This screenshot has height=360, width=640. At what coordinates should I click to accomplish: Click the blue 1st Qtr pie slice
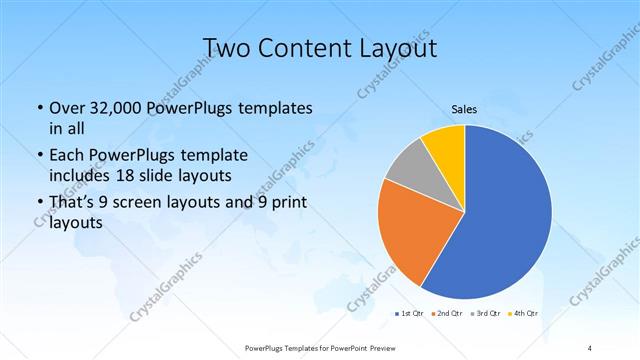pos(500,220)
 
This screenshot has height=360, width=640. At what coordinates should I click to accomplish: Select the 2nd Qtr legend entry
pos(445,314)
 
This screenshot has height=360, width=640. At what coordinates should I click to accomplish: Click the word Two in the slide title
pos(228,47)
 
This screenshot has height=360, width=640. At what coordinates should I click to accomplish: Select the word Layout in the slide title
pos(396,47)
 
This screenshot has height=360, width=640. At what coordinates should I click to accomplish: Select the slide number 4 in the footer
pos(590,348)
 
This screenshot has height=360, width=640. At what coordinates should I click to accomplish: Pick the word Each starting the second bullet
pos(67,156)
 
